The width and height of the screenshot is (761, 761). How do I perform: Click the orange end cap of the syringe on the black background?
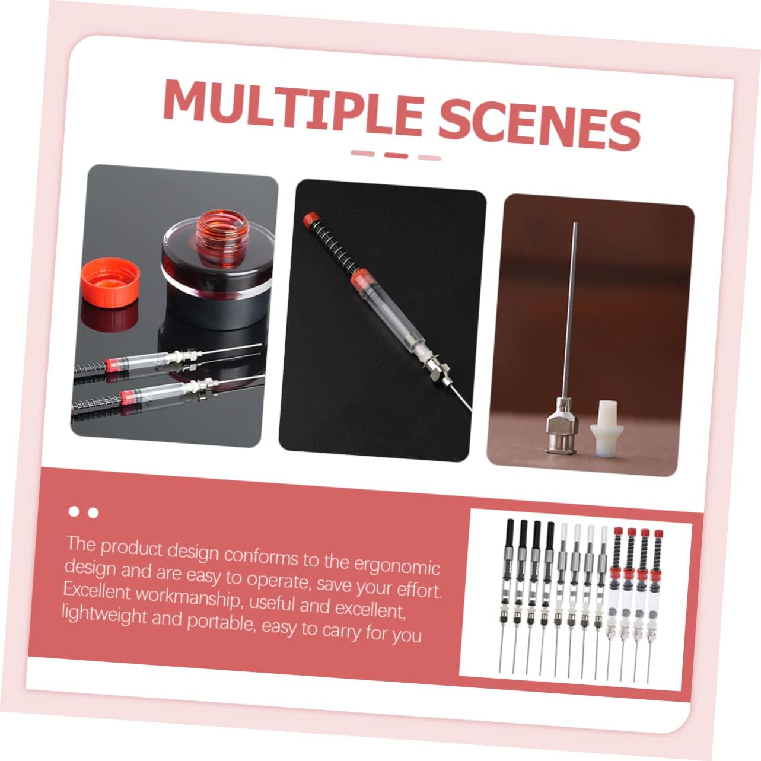coord(311,220)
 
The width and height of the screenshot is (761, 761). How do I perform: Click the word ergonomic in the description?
coord(396,564)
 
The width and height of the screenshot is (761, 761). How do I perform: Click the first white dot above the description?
coord(74,511)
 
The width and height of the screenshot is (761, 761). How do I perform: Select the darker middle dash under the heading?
coord(396,155)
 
